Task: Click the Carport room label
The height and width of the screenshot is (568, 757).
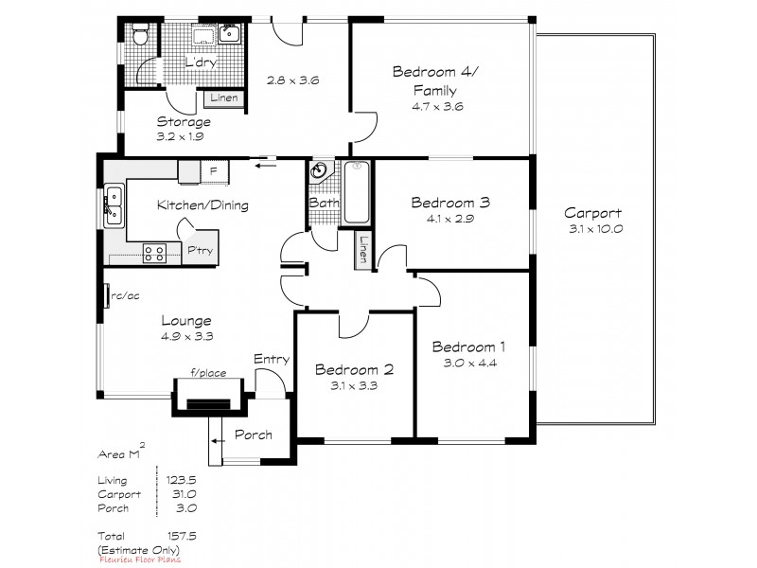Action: tap(592, 212)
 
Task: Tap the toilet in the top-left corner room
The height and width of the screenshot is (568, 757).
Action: tap(139, 37)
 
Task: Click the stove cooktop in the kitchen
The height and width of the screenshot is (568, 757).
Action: tap(154, 253)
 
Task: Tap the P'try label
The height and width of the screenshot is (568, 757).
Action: tap(199, 251)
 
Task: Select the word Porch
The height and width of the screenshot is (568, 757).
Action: tap(253, 435)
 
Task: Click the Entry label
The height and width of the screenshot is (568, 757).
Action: tap(272, 359)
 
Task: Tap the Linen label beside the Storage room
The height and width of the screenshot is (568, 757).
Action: tap(223, 98)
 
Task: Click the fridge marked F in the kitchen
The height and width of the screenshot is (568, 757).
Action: tap(213, 171)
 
